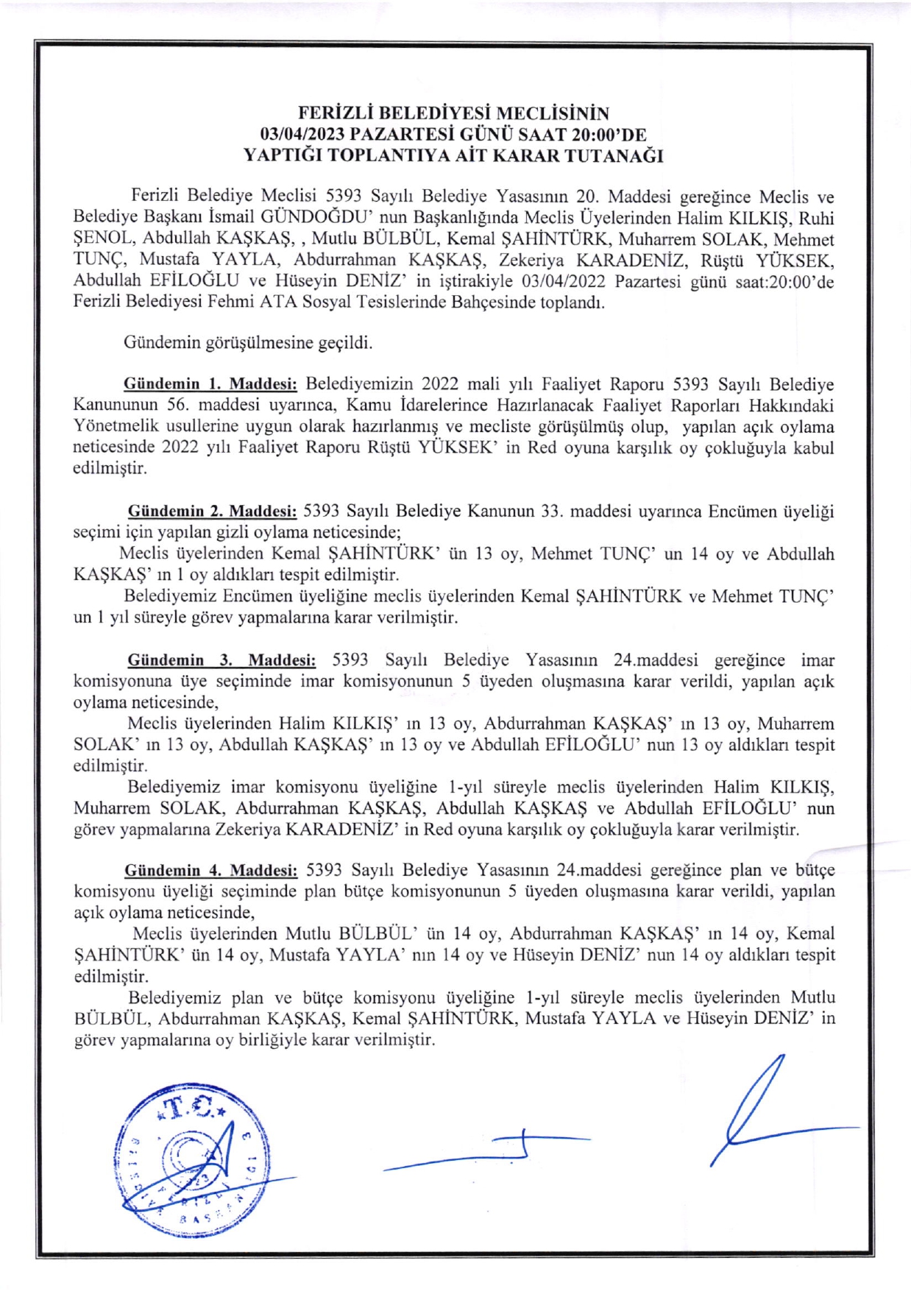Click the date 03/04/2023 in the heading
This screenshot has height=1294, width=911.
[x=302, y=135]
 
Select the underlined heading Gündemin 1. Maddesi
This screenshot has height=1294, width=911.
[x=210, y=384]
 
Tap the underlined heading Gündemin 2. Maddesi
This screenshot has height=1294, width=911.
[x=212, y=512]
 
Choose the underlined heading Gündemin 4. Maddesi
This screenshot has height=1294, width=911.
[x=211, y=871]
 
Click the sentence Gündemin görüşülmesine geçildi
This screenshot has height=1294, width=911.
[x=248, y=343]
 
